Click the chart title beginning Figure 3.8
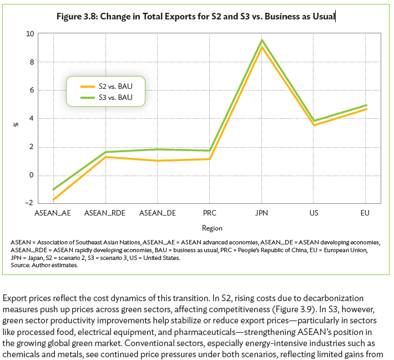(x=196, y=16)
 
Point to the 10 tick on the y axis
(x=29, y=34)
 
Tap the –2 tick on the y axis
(x=29, y=204)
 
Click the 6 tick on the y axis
(x=31, y=91)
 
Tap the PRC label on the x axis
(x=209, y=213)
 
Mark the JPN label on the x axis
(x=261, y=213)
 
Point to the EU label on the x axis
(x=366, y=213)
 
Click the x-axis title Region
(x=212, y=228)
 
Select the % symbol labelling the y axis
(x=16, y=124)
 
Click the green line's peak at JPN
(x=261, y=40)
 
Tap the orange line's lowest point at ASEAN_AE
(x=53, y=200)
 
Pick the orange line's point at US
(x=314, y=125)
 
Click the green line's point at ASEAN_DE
(x=157, y=149)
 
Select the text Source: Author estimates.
(x=44, y=265)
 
